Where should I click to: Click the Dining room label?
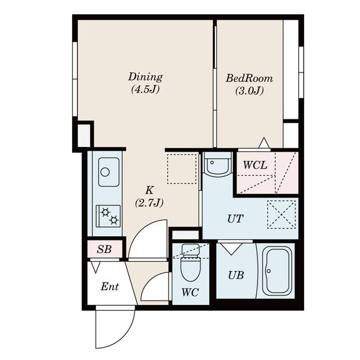[145, 77]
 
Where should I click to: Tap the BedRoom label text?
[250, 78]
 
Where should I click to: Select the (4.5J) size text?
[145, 89]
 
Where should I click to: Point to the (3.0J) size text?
[250, 91]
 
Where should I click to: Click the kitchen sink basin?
[109, 172]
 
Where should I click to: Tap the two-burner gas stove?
[108, 216]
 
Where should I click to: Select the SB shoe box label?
[104, 249]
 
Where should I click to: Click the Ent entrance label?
[110, 287]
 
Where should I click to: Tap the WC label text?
[190, 292]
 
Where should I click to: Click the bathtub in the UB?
[277, 271]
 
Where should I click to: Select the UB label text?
[236, 275]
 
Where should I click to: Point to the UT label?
[235, 219]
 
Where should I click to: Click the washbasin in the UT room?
[217, 164]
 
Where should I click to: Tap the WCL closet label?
[255, 165]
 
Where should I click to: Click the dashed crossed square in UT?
[281, 215]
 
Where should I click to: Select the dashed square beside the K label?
[182, 169]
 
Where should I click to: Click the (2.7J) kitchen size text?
[149, 203]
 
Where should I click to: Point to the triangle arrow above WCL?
[264, 143]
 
